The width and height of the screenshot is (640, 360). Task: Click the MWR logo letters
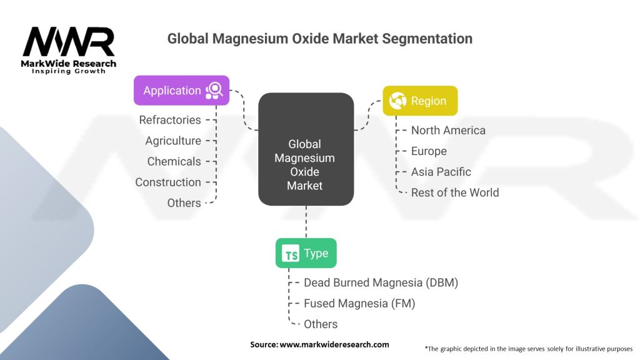(69, 42)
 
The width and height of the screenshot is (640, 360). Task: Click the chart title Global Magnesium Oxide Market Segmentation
(319, 39)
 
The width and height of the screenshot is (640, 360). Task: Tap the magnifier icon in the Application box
(214, 90)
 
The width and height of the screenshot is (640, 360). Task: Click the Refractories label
(170, 119)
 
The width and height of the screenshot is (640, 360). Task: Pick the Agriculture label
(173, 141)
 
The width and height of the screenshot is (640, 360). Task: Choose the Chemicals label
(174, 161)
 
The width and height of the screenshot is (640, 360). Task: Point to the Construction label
(168, 182)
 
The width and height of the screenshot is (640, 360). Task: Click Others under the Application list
(184, 202)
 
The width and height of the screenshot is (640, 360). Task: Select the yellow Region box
(420, 101)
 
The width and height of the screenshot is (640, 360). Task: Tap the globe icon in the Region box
(397, 101)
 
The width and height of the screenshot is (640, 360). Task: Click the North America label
(448, 130)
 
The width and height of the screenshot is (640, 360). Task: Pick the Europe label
(429, 151)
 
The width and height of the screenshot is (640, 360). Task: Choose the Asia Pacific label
(441, 171)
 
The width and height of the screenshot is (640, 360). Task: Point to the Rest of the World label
(455, 192)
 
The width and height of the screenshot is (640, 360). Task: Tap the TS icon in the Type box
(291, 254)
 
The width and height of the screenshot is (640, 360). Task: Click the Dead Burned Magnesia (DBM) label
(381, 282)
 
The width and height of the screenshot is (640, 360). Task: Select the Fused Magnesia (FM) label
(359, 303)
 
